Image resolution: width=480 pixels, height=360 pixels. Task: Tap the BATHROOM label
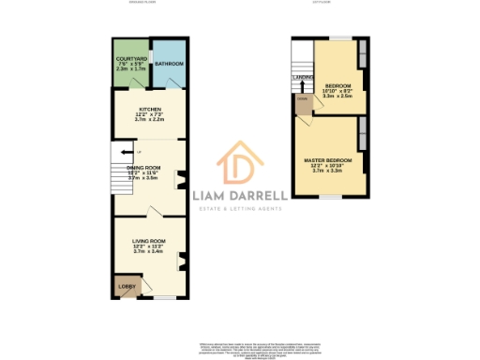[169, 65]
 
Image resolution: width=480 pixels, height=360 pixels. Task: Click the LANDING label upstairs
[303, 78]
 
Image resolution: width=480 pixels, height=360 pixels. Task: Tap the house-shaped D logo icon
[239, 167]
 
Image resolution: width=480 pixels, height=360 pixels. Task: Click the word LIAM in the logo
[212, 196]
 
